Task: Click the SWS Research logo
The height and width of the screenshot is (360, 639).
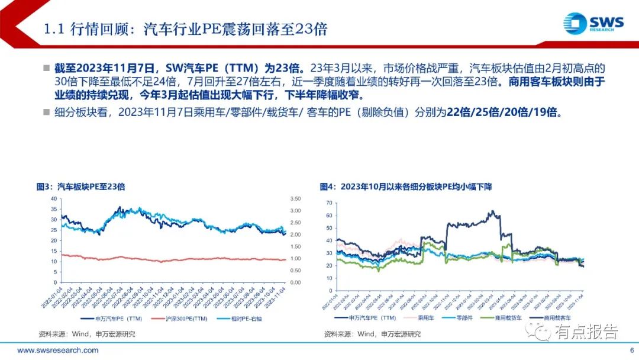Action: click(593, 24)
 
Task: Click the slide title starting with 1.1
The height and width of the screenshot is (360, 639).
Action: click(186, 29)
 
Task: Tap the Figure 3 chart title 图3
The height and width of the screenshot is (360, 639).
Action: click(81, 187)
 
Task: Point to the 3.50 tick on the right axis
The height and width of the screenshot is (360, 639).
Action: click(295, 198)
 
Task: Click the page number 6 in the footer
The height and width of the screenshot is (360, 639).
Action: click(631, 350)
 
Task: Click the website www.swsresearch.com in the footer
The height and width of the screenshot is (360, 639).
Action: click(58, 350)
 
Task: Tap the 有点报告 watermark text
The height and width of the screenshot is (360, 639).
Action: click(586, 332)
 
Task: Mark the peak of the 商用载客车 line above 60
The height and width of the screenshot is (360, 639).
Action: click(490, 211)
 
